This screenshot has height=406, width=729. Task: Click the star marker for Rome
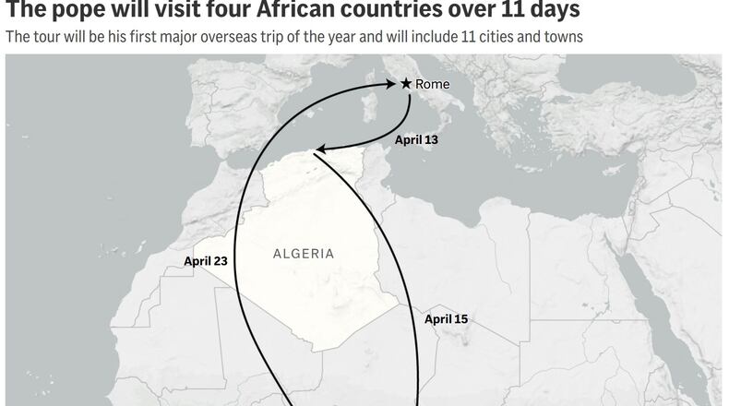[x=405, y=83]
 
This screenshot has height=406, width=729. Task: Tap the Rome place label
[x=432, y=84]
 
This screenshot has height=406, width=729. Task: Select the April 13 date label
[x=416, y=140]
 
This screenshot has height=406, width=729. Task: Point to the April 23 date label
[x=206, y=261]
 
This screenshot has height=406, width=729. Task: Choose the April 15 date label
[x=447, y=319]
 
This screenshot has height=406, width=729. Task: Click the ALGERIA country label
[x=304, y=253]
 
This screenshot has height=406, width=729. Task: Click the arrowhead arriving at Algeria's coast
[x=319, y=149]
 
